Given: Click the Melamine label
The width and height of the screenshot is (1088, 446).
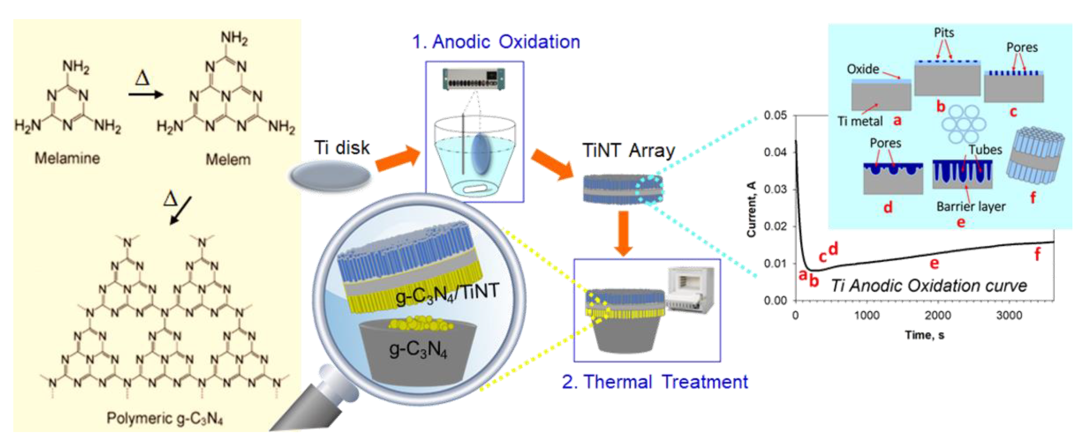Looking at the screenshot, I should click(67, 158).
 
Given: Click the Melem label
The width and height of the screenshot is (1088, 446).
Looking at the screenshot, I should click(228, 160).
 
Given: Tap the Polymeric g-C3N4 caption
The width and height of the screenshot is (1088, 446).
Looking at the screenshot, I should click(164, 418).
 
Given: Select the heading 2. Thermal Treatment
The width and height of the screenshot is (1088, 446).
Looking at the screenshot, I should click(655, 382).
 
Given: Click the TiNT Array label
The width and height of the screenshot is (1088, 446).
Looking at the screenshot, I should click(629, 151).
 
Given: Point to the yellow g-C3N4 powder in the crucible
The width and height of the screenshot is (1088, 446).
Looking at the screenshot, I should click(420, 324).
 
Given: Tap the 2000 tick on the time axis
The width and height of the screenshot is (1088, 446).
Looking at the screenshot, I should click(938, 315).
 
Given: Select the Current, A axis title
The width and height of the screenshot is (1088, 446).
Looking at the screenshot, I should click(751, 209).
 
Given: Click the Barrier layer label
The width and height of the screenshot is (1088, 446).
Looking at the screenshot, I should click(971, 206).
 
